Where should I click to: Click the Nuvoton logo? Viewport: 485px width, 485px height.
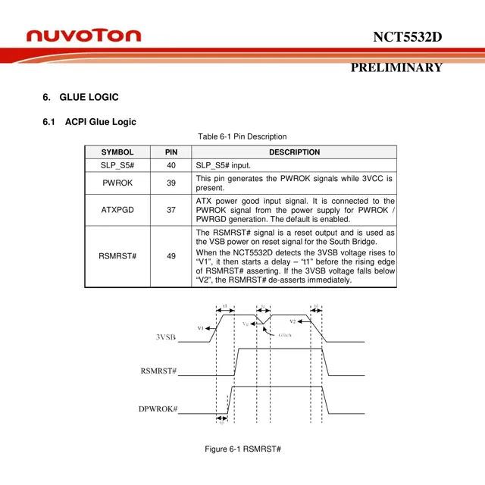coord(83,36)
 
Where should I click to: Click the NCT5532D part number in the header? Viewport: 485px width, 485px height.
coord(407,37)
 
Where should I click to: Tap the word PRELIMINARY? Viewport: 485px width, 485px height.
coord(396,67)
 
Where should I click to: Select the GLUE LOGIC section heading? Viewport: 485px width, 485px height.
coord(89,98)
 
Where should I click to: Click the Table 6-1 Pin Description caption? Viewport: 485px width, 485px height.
coord(242,136)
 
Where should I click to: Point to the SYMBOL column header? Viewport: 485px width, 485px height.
coord(117,152)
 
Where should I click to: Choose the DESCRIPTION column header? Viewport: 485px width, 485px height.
coord(295,152)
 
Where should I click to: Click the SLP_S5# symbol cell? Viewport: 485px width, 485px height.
coord(117,165)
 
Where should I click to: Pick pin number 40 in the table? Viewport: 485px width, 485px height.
coord(171,165)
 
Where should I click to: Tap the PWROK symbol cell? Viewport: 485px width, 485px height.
coord(117,183)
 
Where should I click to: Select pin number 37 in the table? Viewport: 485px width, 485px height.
coord(171,209)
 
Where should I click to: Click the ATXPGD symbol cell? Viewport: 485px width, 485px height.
coord(117,209)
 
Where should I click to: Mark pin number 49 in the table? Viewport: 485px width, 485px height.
coord(171,256)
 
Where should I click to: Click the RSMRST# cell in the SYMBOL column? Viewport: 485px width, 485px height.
coord(117,256)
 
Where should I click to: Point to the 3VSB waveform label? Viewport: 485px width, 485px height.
coord(166,337)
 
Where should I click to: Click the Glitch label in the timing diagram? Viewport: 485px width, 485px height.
coord(280,335)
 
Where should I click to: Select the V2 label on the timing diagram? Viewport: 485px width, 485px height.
coord(293,321)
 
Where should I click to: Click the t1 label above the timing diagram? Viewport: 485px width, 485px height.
coord(225,306)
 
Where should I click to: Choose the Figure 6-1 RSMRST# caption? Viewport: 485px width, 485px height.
coord(242,449)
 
